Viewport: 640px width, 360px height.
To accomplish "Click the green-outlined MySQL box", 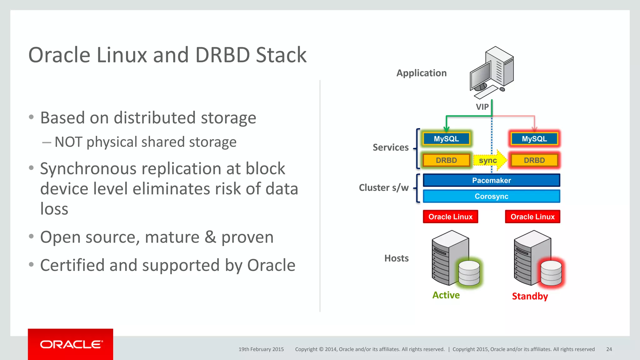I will pyautogui.click(x=446, y=139).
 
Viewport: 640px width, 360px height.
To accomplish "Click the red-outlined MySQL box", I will pyautogui.click(x=534, y=139).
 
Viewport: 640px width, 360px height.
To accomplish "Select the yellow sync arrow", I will pyautogui.click(x=489, y=160).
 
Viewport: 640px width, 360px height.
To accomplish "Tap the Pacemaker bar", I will pyautogui.click(x=491, y=180).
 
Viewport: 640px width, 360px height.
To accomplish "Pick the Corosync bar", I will pyautogui.click(x=491, y=196).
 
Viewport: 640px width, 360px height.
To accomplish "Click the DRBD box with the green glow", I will pyautogui.click(x=446, y=160).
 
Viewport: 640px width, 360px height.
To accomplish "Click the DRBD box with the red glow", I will pyautogui.click(x=534, y=160).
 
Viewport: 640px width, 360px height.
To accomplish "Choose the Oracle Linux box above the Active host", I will pyautogui.click(x=450, y=217).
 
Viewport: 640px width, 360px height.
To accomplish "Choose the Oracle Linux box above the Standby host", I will pyautogui.click(x=532, y=217).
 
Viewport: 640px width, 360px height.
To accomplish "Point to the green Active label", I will pyautogui.click(x=446, y=295).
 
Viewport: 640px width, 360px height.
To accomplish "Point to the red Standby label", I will pyautogui.click(x=530, y=296).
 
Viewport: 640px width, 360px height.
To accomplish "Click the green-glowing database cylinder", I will pyautogui.click(x=469, y=273).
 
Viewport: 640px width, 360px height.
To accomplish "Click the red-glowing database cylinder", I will pyautogui.click(x=551, y=273).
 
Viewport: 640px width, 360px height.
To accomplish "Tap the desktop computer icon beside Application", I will pyautogui.click(x=492, y=72).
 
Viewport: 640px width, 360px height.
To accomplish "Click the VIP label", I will pyautogui.click(x=482, y=107).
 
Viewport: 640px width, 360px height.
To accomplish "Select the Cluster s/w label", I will pyautogui.click(x=383, y=187).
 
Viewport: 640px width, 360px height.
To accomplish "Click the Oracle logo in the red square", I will pyautogui.click(x=71, y=344).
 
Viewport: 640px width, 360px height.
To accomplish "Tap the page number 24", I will pyautogui.click(x=609, y=349).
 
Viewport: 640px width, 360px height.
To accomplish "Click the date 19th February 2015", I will pyautogui.click(x=261, y=349).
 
